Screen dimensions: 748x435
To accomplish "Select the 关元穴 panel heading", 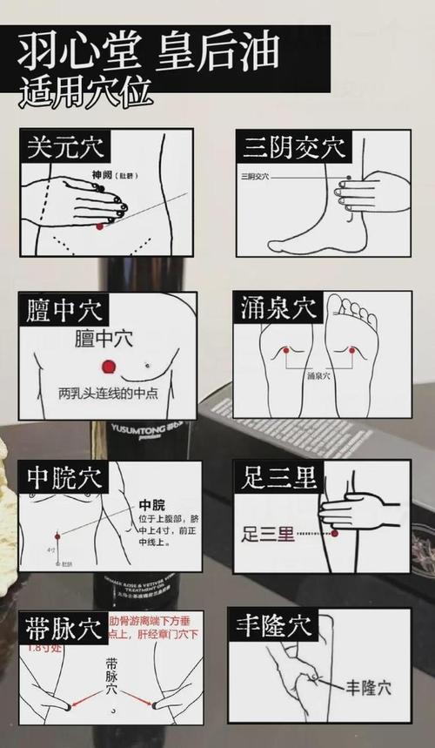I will coord(65,146).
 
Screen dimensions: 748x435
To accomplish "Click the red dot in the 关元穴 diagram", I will coord(100,226).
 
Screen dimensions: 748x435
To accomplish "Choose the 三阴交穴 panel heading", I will coord(292,146).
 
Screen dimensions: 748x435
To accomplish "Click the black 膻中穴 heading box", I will coord(64,310).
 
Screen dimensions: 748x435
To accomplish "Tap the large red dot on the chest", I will coord(109,367).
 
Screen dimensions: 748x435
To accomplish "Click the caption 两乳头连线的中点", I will coord(108,393).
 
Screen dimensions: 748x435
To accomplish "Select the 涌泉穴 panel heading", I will coord(278,308).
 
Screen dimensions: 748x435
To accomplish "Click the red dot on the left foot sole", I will coord(284,350).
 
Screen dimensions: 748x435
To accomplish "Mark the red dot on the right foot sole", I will coord(352,350).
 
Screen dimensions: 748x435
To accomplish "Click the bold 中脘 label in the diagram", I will coord(151,506).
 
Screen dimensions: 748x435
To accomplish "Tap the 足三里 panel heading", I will coord(279,477).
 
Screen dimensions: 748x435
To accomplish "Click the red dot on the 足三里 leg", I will coord(334,533).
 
